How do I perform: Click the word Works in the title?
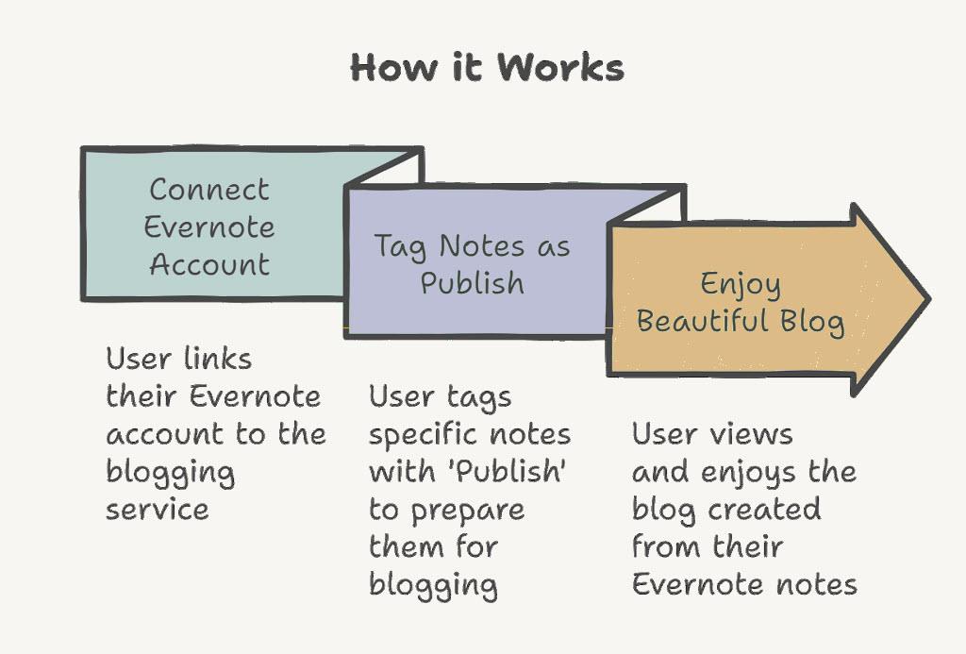(562, 67)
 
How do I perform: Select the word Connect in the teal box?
(209, 190)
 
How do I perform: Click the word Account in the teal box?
(209, 264)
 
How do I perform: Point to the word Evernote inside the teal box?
(209, 226)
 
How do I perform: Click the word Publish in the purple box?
(473, 284)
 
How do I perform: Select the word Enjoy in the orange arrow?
(741, 285)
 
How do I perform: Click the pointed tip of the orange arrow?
(929, 299)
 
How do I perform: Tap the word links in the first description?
(218, 359)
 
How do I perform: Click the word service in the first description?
(158, 510)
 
